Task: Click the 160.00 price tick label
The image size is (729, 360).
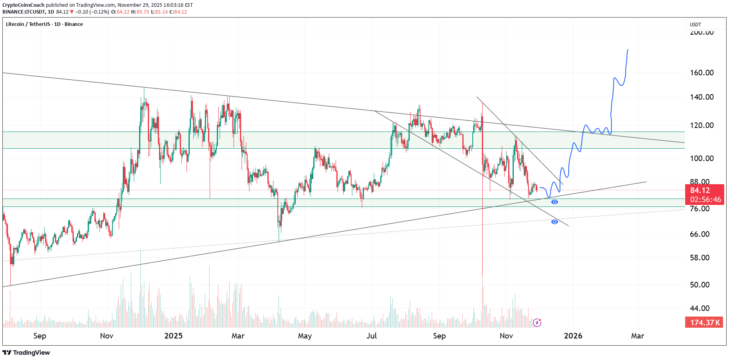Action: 701,73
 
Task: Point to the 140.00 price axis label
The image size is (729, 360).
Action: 701,97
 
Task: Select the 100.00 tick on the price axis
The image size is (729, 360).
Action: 701,158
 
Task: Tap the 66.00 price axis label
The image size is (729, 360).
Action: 700,234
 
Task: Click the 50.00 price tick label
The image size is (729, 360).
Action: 700,285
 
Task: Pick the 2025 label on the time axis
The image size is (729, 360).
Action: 173,336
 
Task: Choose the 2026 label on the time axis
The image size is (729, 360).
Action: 573,336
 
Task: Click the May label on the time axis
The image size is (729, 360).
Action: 305,336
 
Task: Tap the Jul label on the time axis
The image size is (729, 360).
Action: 371,336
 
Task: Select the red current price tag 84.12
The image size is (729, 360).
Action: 700,190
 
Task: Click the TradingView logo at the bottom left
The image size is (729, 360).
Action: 26,352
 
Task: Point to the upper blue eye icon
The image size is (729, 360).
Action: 554,202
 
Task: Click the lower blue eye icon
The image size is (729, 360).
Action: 554,222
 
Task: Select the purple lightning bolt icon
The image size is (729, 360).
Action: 537,322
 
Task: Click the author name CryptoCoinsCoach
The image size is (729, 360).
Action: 24,5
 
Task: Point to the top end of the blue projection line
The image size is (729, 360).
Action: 628,50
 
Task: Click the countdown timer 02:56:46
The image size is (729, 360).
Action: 705,199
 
